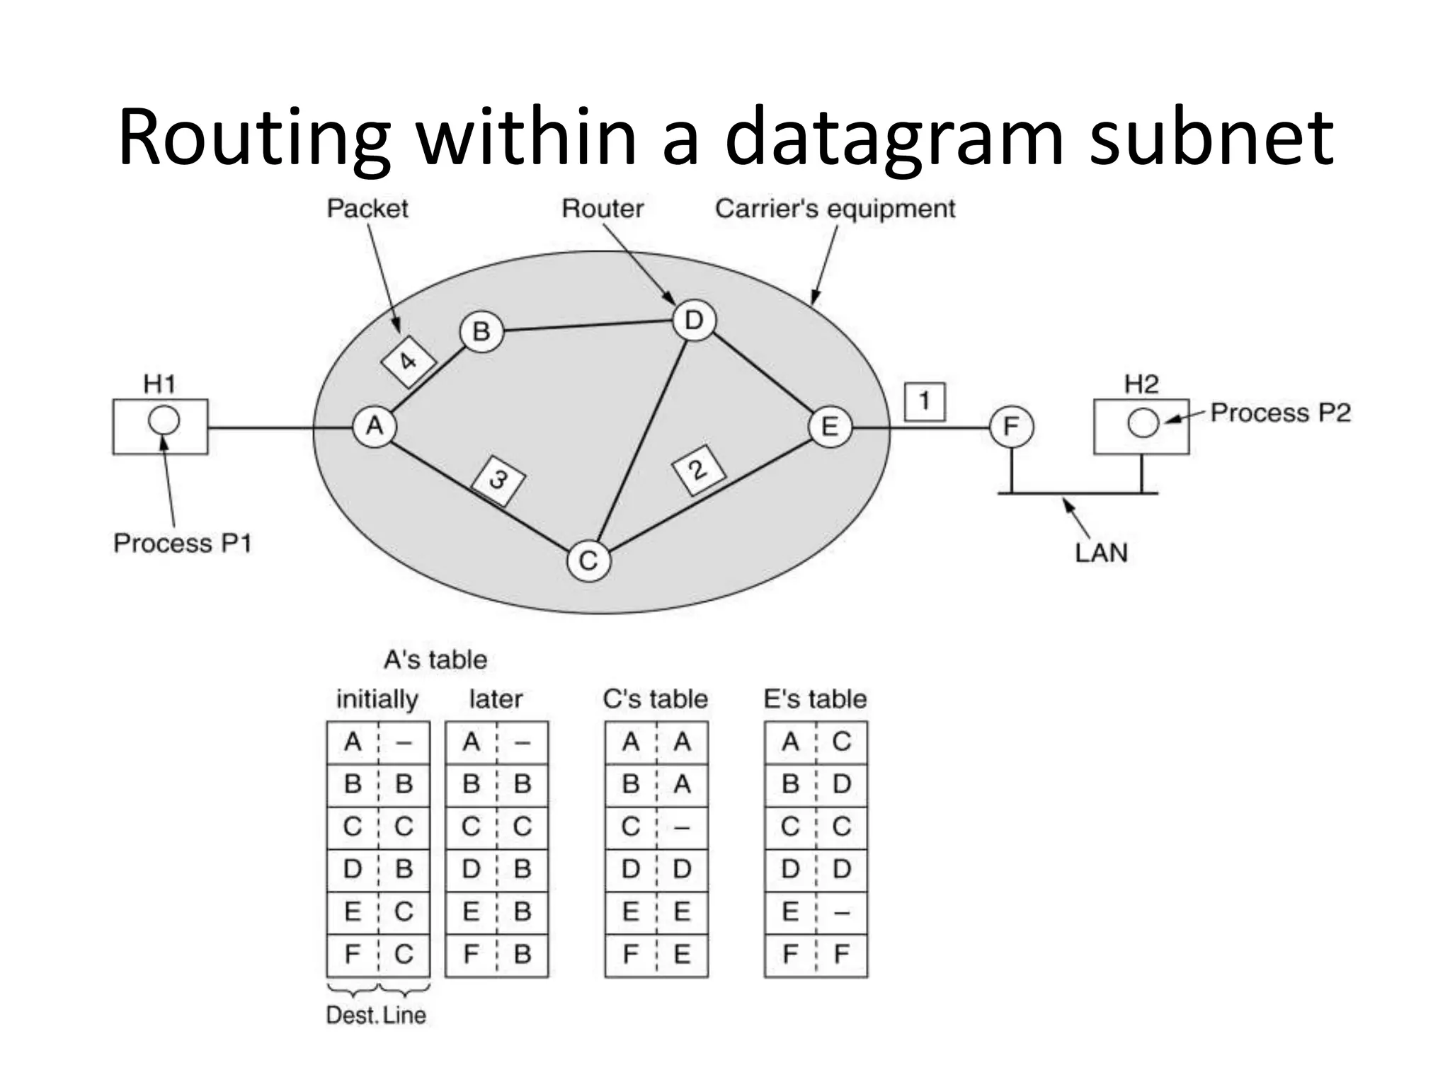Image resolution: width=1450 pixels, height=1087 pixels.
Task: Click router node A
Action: (x=374, y=426)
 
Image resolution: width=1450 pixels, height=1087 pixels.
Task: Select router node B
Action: (x=481, y=331)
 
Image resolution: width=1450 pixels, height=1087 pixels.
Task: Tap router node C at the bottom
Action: (x=588, y=560)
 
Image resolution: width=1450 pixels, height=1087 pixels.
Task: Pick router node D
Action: (x=694, y=321)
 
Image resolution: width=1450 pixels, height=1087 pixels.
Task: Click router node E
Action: (x=830, y=426)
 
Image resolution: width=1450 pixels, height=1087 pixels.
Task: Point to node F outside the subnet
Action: (x=1011, y=426)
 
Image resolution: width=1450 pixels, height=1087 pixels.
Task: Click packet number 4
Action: (x=408, y=362)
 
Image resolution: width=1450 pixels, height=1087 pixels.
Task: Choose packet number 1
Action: (x=924, y=401)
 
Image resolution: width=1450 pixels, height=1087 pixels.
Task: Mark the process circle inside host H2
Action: (x=1143, y=423)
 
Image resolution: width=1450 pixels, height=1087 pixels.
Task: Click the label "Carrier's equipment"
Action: (x=835, y=209)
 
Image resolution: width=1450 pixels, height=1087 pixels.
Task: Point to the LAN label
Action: (x=1101, y=553)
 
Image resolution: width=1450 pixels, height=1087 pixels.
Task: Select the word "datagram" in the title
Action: (x=894, y=136)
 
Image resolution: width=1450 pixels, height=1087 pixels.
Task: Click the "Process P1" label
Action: (x=183, y=543)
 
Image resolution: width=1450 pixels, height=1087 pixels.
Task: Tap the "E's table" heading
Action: (x=815, y=699)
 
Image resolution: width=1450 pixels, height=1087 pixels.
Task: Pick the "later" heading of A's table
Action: (x=496, y=699)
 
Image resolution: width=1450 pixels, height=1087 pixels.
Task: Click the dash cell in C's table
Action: (x=682, y=827)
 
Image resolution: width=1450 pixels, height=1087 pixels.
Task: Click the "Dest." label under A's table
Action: (x=352, y=1016)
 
